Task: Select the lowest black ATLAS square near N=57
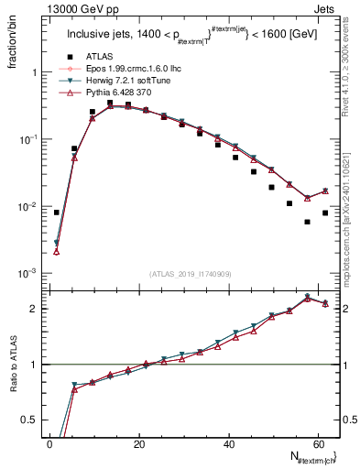pyautogui.click(x=307, y=222)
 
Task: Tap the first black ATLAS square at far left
pyautogui.click(x=57, y=213)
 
